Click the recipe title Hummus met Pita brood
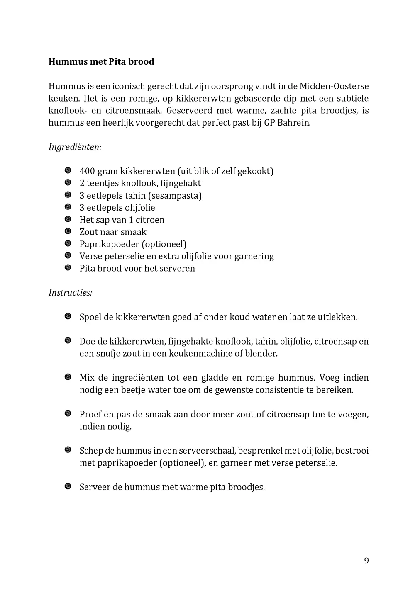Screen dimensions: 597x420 tap(101, 62)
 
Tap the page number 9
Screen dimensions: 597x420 tap(366, 561)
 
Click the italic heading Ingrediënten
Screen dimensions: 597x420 tap(75, 147)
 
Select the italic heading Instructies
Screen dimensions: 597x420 tap(70, 293)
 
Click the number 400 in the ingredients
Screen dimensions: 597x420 tap(87, 171)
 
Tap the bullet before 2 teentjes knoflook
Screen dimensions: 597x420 tap(68, 183)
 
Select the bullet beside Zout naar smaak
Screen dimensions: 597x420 tap(68, 231)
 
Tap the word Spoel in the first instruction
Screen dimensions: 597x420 tap(90, 317)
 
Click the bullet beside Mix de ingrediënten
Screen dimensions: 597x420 tap(68, 377)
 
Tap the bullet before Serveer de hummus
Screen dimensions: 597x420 tap(68, 486)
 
